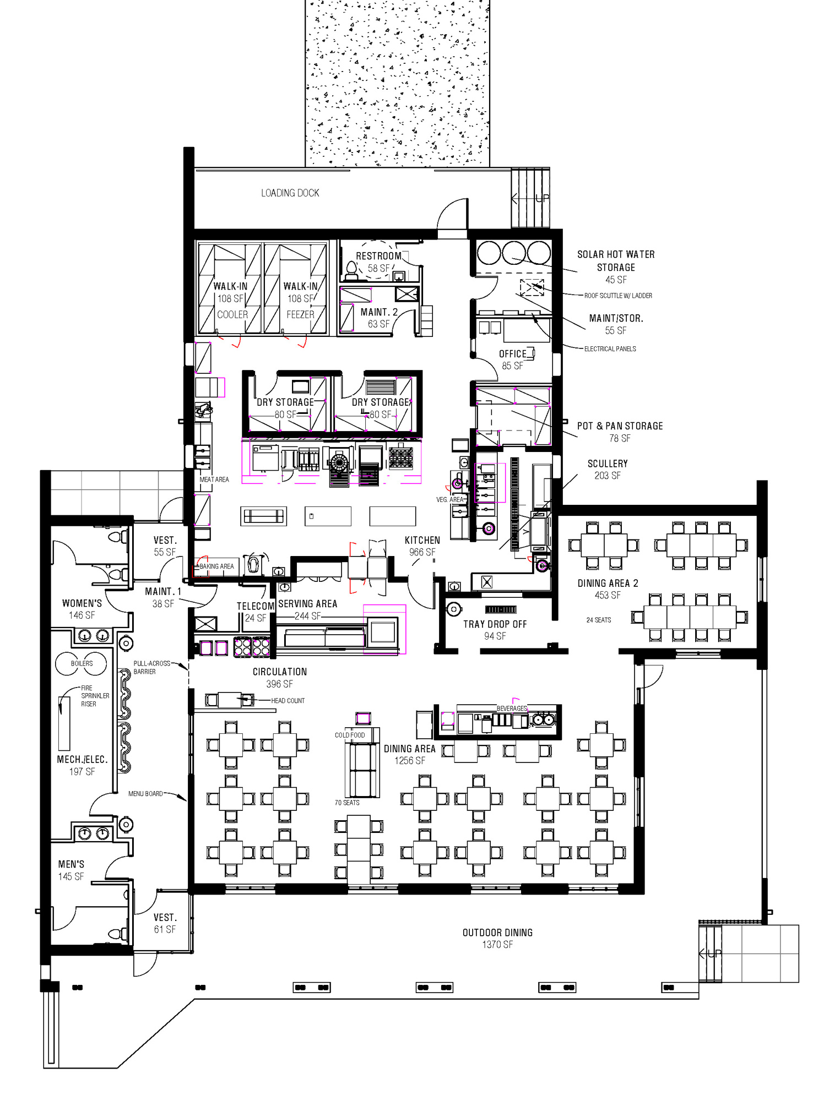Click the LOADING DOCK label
click(290, 193)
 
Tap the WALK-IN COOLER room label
click(231, 300)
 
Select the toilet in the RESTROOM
click(351, 270)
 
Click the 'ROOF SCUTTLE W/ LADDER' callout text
click(618, 296)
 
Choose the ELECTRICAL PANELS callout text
click(610, 349)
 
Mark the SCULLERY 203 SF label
click(607, 469)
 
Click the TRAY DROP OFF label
click(495, 630)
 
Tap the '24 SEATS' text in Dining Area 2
click(598, 620)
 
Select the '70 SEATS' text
click(347, 803)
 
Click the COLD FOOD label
click(350, 735)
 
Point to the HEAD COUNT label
click(288, 701)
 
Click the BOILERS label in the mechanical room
click(82, 663)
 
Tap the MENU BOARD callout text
click(145, 794)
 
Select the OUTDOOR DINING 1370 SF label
click(497, 938)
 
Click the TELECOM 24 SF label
click(256, 612)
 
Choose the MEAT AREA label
click(214, 479)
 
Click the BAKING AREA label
click(216, 566)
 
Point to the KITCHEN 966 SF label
click(422, 546)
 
